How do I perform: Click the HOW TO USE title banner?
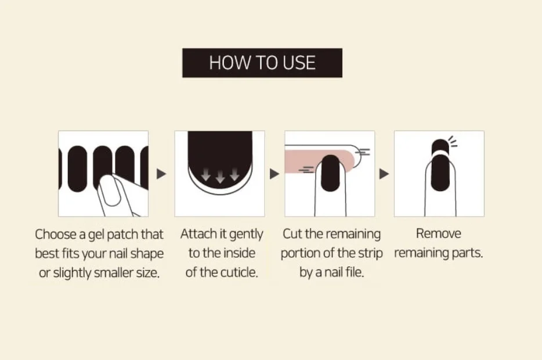click(262, 63)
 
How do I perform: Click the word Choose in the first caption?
click(56, 234)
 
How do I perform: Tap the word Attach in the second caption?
click(199, 234)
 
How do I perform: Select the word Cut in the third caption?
click(292, 234)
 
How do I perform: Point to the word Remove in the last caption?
click(438, 233)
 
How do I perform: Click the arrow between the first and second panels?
click(161, 174)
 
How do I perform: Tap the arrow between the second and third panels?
click(274, 174)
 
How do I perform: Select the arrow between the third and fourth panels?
click(384, 174)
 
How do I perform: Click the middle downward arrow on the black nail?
click(220, 176)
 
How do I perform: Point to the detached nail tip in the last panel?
click(440, 146)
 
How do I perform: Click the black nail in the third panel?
click(330, 173)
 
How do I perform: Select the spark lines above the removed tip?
click(453, 141)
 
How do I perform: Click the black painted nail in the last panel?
click(440, 172)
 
